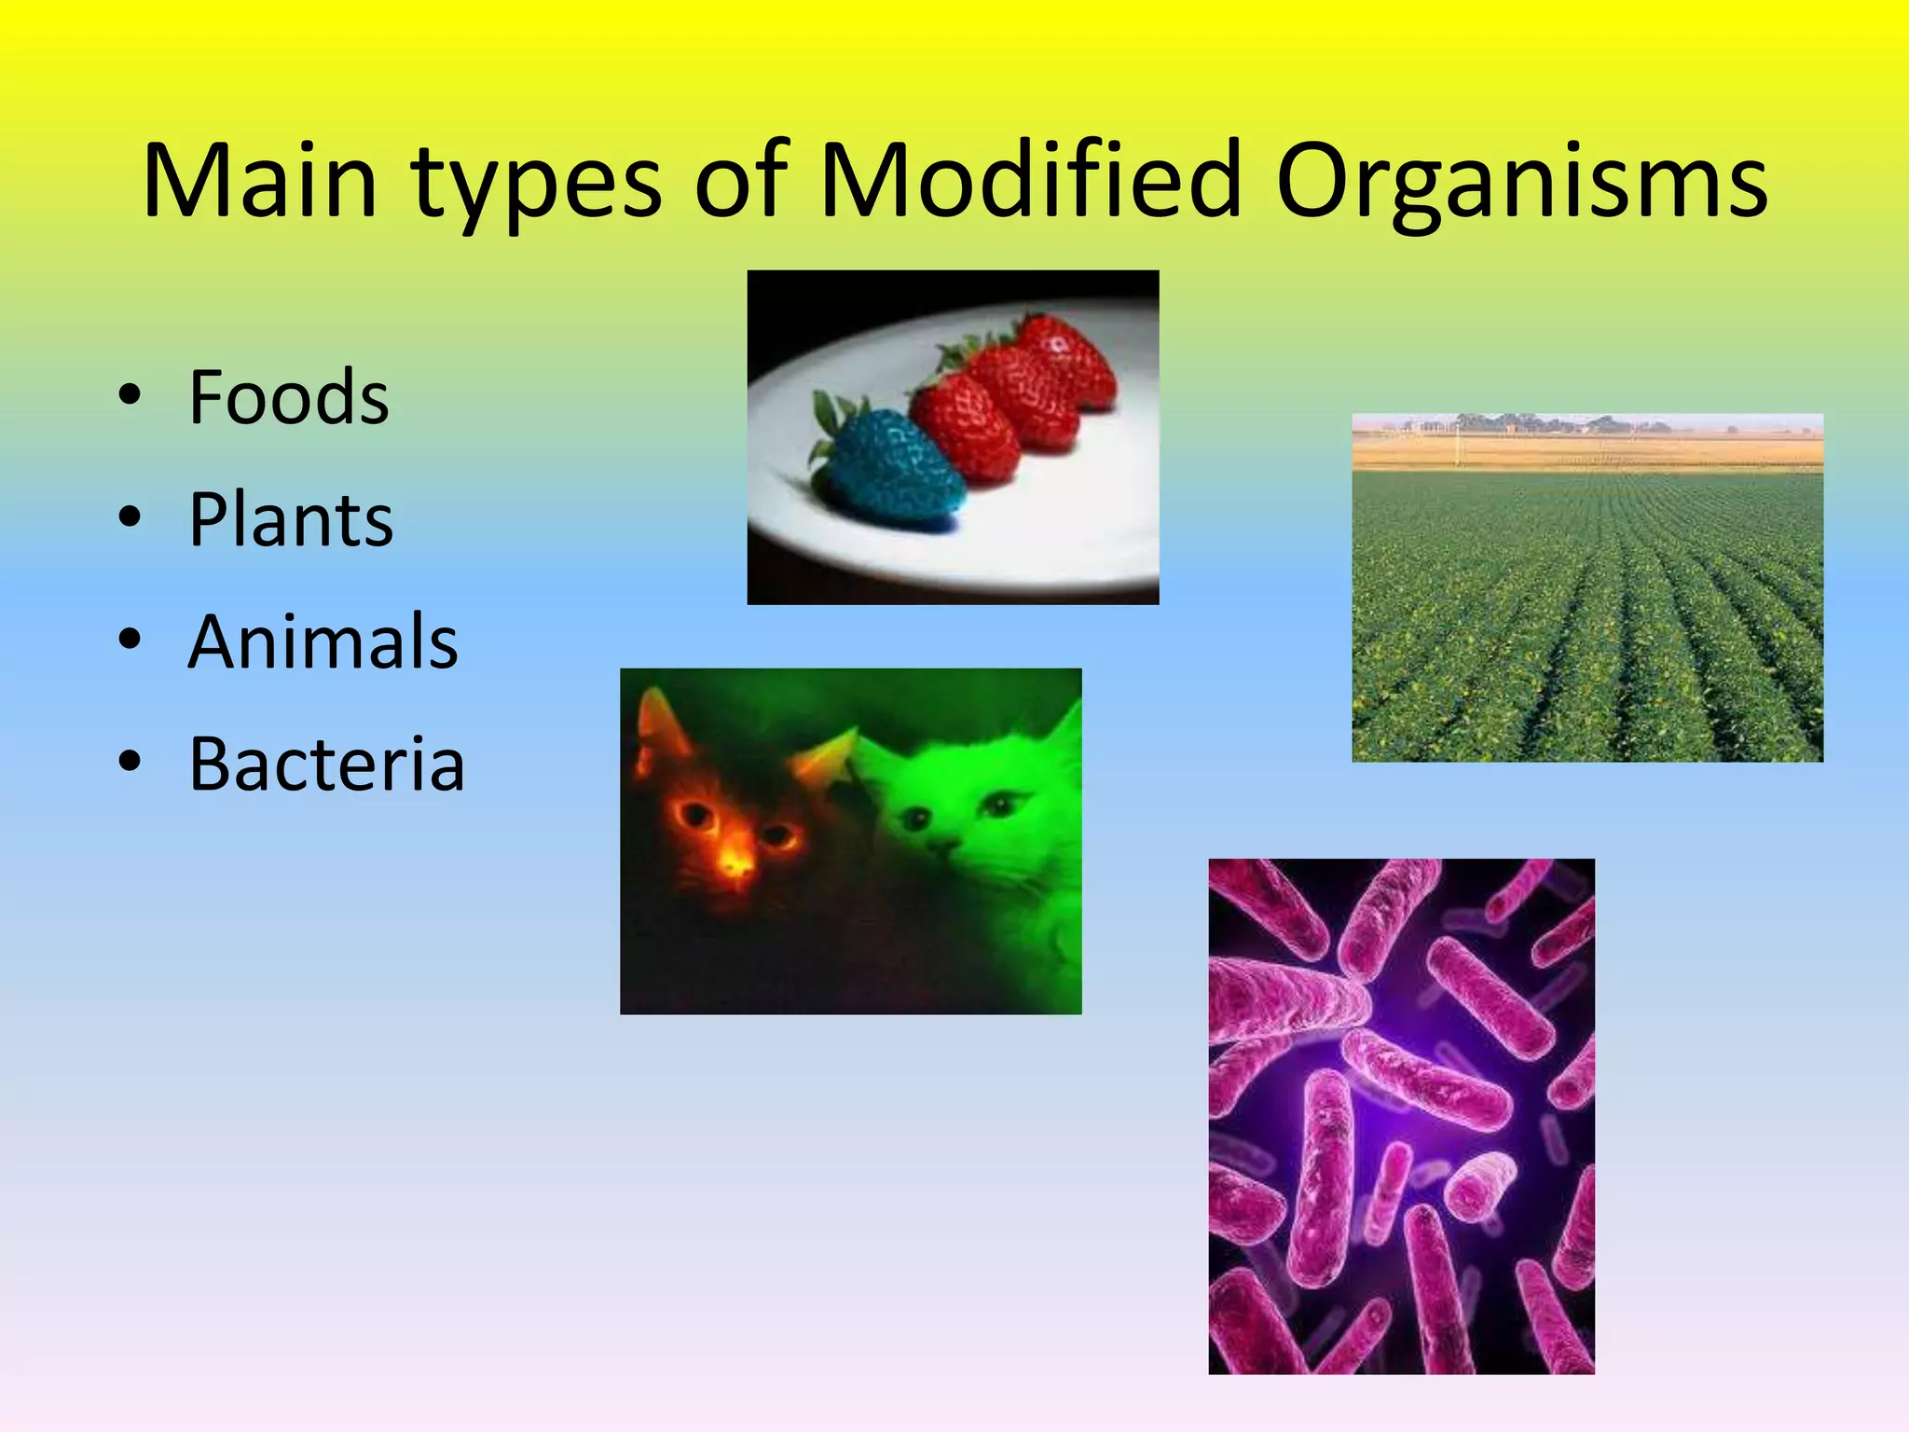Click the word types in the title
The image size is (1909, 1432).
click(x=536, y=186)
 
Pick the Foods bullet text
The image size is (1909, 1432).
click(x=289, y=398)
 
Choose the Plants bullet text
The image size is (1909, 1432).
click(x=291, y=520)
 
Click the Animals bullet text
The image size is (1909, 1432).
click(x=323, y=642)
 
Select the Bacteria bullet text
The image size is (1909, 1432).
click(x=326, y=764)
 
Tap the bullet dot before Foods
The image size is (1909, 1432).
click(x=130, y=395)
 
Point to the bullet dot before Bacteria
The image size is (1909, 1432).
click(x=130, y=762)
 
